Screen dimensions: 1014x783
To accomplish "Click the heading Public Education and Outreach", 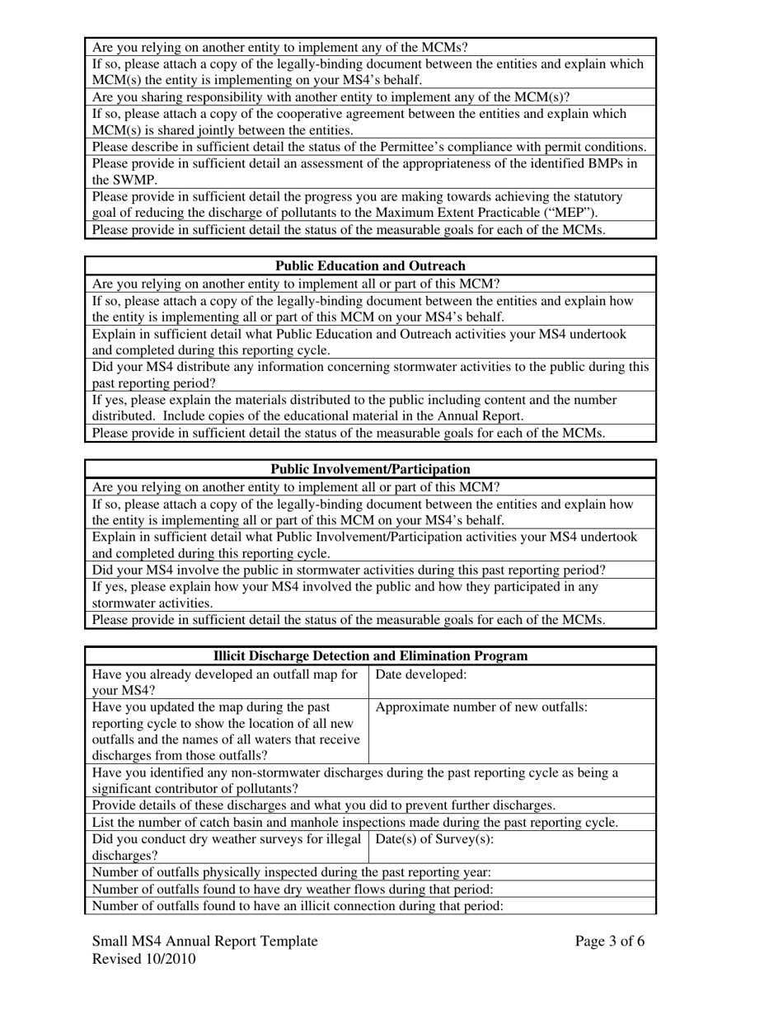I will click(370, 265).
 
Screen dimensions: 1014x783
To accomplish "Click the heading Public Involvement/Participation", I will click(370, 469).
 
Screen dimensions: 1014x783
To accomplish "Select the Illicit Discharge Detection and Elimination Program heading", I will click(370, 656).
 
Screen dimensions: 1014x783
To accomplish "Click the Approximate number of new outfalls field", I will click(511, 730).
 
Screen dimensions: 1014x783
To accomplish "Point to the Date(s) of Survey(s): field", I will click(511, 846).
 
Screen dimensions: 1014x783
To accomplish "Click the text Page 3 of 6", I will click(610, 941).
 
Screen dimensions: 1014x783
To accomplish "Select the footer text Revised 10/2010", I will click(144, 959).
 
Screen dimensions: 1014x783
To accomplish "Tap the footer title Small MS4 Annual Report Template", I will click(204, 941).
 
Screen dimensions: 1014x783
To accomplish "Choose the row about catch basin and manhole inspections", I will click(354, 822).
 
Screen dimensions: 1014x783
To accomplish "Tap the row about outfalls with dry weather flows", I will click(293, 889).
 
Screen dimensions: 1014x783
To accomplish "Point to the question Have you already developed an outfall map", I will click(224, 682).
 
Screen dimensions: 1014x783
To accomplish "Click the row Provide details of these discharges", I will click(323, 805).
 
